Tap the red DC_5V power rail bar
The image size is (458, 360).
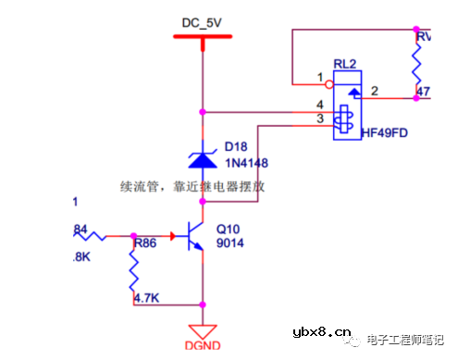pos(202,37)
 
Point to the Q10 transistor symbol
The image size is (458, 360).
pos(195,236)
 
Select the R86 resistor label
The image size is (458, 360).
pos(146,244)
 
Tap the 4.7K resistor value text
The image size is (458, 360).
pos(146,299)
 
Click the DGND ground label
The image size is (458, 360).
pos(201,348)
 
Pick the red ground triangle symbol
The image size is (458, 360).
pos(202,330)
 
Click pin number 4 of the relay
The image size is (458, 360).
pos(320,105)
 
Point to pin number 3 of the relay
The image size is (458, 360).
pos(320,118)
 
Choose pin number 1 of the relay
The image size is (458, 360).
pos(320,77)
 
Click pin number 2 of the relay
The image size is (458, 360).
pos(374,91)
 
